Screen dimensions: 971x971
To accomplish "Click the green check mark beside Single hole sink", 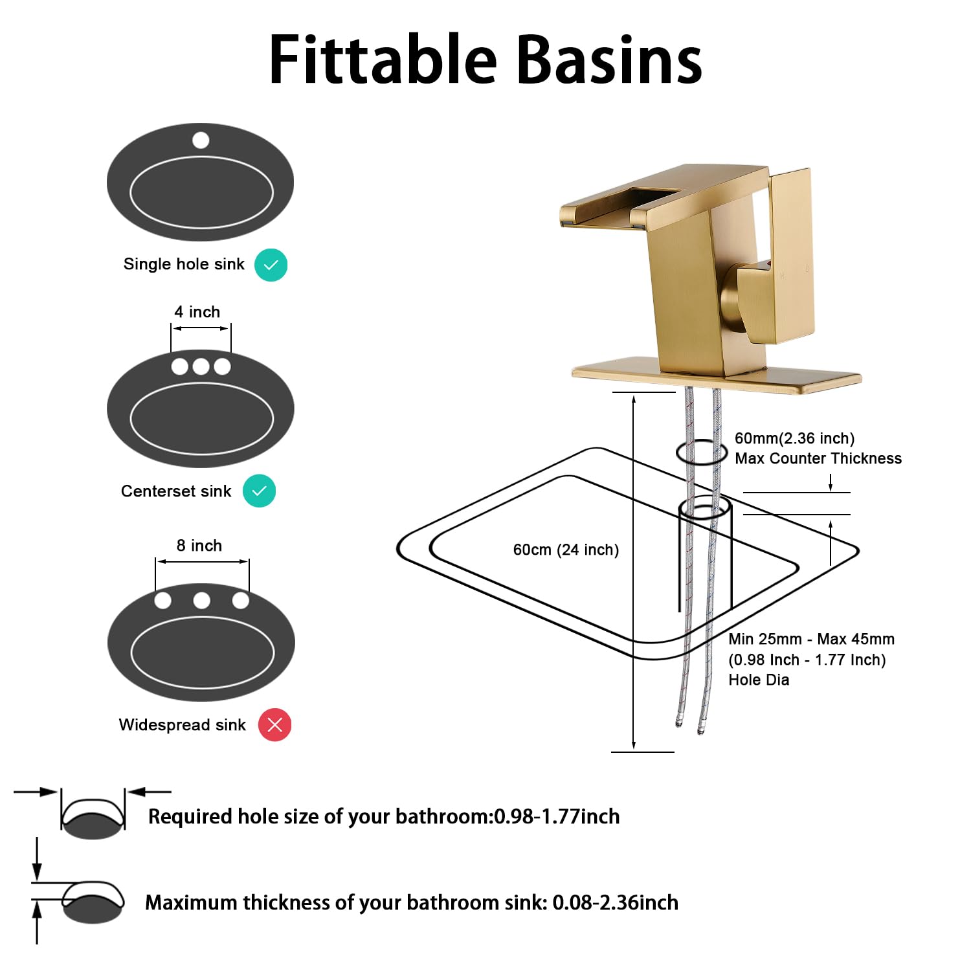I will pos(271,265).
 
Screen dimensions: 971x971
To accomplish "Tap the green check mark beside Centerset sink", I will pos(259,491).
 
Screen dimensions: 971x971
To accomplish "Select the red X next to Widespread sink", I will pos(274,725).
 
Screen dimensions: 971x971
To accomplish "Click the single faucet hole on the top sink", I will pos(201,140).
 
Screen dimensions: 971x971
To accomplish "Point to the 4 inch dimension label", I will pos(197,312).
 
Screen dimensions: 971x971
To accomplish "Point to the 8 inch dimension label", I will pos(199,546).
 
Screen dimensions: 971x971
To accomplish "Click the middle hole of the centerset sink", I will pos(201,366).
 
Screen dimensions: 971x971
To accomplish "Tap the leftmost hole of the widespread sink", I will pos(163,601).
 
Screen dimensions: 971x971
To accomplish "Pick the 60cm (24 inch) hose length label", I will pos(566,550).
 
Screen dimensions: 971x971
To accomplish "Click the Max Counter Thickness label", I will pos(818,458).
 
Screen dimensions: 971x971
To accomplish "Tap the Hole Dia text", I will pos(759,680).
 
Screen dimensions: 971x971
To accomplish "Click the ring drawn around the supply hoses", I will pos(702,452).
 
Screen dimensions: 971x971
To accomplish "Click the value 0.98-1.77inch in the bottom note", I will pos(557,817).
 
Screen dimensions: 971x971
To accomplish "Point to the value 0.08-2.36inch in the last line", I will pos(615,902).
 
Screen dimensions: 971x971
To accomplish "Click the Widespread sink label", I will pos(182,725).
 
